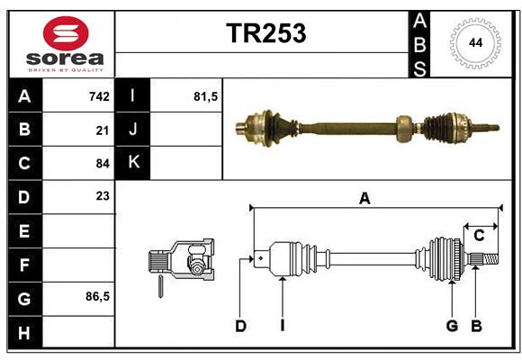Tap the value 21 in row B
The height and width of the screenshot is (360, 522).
103,130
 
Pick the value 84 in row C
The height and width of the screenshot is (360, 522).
103,163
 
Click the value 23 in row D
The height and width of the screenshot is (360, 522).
103,196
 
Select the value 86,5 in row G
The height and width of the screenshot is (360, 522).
97,296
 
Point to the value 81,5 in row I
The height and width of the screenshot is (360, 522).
206,96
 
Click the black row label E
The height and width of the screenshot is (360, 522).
24,230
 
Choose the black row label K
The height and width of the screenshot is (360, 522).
133,163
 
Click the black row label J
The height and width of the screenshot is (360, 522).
133,130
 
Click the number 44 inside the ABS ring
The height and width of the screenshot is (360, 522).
473,43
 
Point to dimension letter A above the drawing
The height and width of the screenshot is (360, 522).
364,199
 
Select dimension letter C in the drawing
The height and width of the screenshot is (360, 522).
480,235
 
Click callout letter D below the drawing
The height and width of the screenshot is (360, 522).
240,326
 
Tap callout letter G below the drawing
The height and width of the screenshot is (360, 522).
452,326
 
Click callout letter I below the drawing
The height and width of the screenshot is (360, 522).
282,326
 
